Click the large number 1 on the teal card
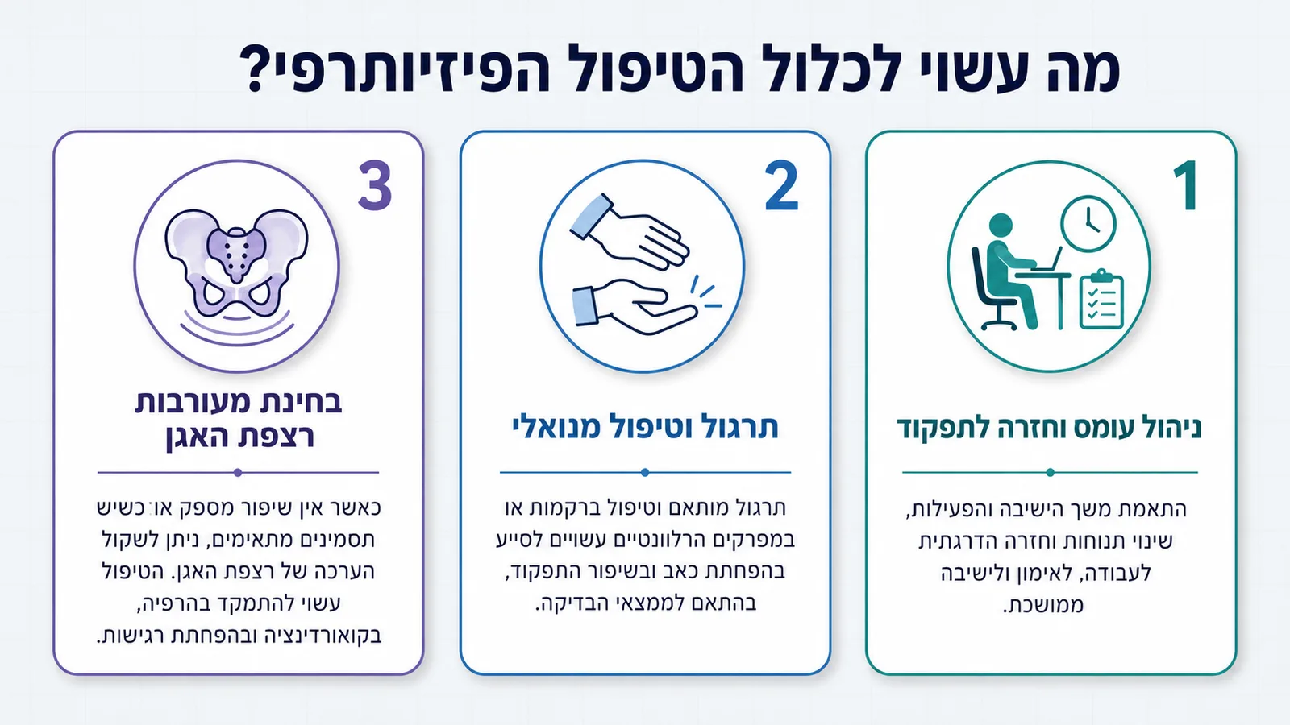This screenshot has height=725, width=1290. tap(1188, 186)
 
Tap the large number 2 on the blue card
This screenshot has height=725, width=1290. tap(781, 186)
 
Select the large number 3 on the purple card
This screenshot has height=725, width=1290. tap(375, 186)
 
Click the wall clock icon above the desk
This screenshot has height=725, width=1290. tap(1088, 224)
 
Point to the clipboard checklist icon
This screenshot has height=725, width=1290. tap(1101, 299)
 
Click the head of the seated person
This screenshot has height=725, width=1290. tap(1001, 226)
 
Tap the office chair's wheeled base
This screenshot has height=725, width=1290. tap(999, 321)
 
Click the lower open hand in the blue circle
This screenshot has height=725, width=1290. tap(634, 307)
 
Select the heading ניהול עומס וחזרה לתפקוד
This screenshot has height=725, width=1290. tap(1049, 428)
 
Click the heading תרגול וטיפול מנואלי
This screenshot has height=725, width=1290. tap(645, 427)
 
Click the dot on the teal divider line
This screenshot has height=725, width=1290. tap(1050, 472)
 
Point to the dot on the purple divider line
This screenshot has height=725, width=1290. tap(238, 472)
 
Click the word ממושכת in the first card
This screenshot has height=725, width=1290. tap(1043, 605)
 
